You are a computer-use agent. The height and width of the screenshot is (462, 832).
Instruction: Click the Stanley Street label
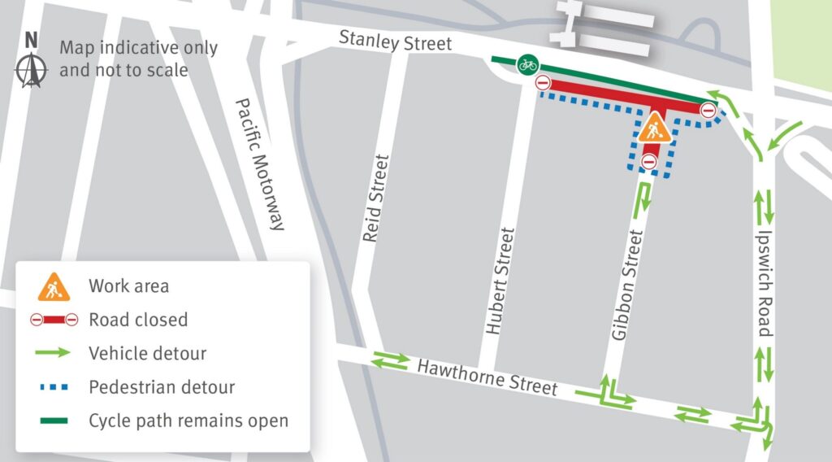[x=395, y=41]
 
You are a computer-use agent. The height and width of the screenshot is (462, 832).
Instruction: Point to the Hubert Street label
[x=501, y=281]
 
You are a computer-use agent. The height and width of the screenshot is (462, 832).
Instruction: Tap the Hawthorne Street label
[x=487, y=377]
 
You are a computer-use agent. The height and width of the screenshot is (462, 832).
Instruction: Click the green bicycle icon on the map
[x=527, y=62]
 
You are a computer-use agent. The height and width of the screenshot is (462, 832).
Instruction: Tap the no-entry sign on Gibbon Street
[x=648, y=162]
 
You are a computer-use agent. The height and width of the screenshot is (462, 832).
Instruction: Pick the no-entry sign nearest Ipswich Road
[x=708, y=111]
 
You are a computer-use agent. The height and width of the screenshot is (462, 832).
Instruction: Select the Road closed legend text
[x=138, y=320]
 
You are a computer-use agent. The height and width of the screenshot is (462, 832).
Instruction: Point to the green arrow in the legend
[x=53, y=354]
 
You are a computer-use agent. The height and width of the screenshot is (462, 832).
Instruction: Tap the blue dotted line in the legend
[x=53, y=387]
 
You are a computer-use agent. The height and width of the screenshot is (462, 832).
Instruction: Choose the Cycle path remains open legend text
[x=188, y=421]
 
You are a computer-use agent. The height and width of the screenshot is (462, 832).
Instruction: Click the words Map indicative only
[x=138, y=47]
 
